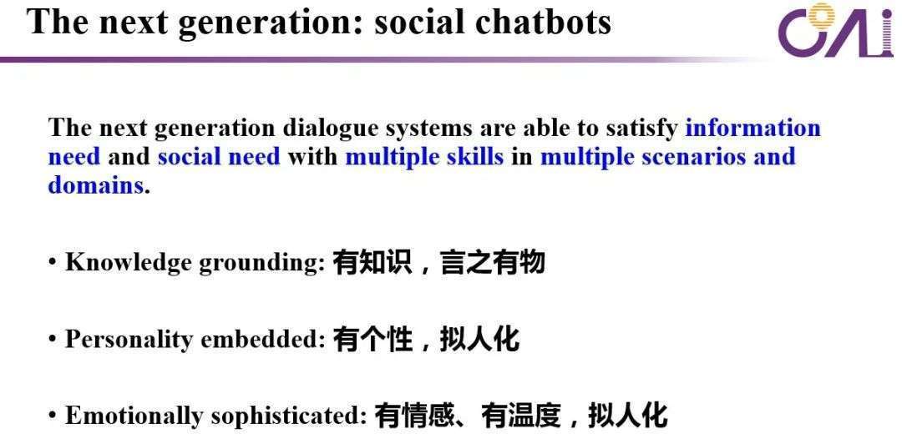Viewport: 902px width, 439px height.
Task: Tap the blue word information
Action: tap(753, 128)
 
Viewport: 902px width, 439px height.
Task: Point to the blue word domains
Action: tap(95, 185)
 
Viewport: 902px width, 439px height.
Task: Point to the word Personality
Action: tap(129, 340)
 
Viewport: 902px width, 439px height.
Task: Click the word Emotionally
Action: tap(134, 416)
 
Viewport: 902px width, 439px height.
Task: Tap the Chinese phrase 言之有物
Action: tap(493, 263)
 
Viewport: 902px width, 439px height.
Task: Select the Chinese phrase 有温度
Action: tap(521, 416)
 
